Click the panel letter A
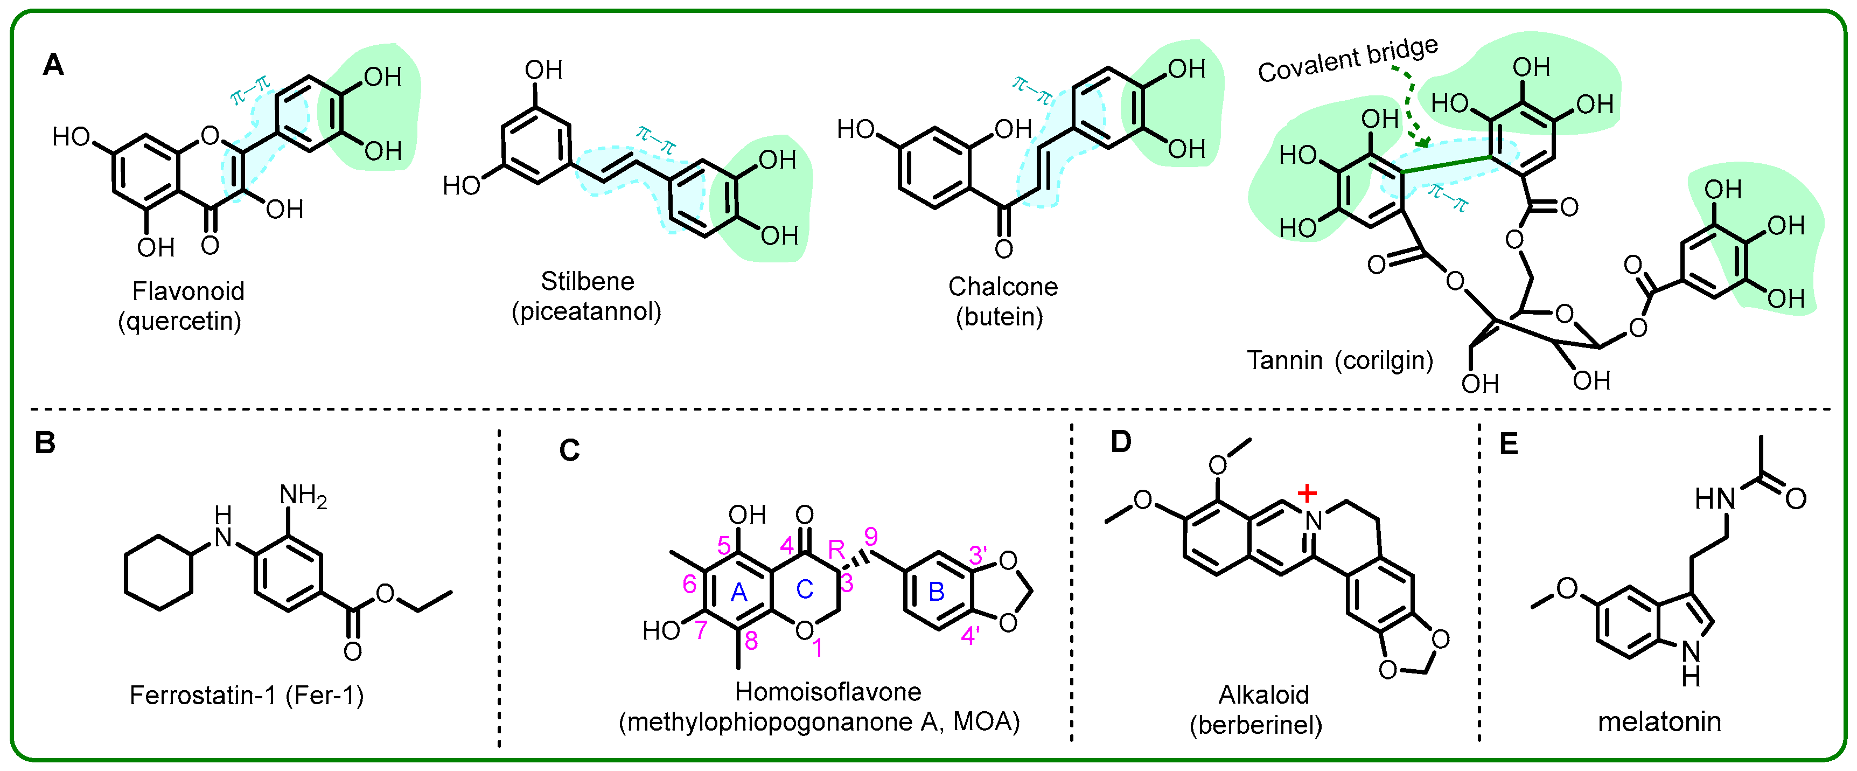coord(53,65)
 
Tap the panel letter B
coord(45,442)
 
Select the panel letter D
coord(1120,441)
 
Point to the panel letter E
coord(1509,443)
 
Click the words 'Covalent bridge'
coord(1348,59)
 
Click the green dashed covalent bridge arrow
coord(1412,108)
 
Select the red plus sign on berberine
coord(1307,494)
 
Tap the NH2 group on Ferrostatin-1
coord(303,496)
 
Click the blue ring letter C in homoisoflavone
coord(805,589)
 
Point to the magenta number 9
coord(871,537)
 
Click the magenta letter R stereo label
coord(836,550)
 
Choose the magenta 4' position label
coord(971,635)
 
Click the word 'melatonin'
coord(1659,721)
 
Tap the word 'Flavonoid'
coord(188,291)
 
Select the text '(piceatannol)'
coord(586,311)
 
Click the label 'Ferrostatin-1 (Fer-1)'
coord(247,694)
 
